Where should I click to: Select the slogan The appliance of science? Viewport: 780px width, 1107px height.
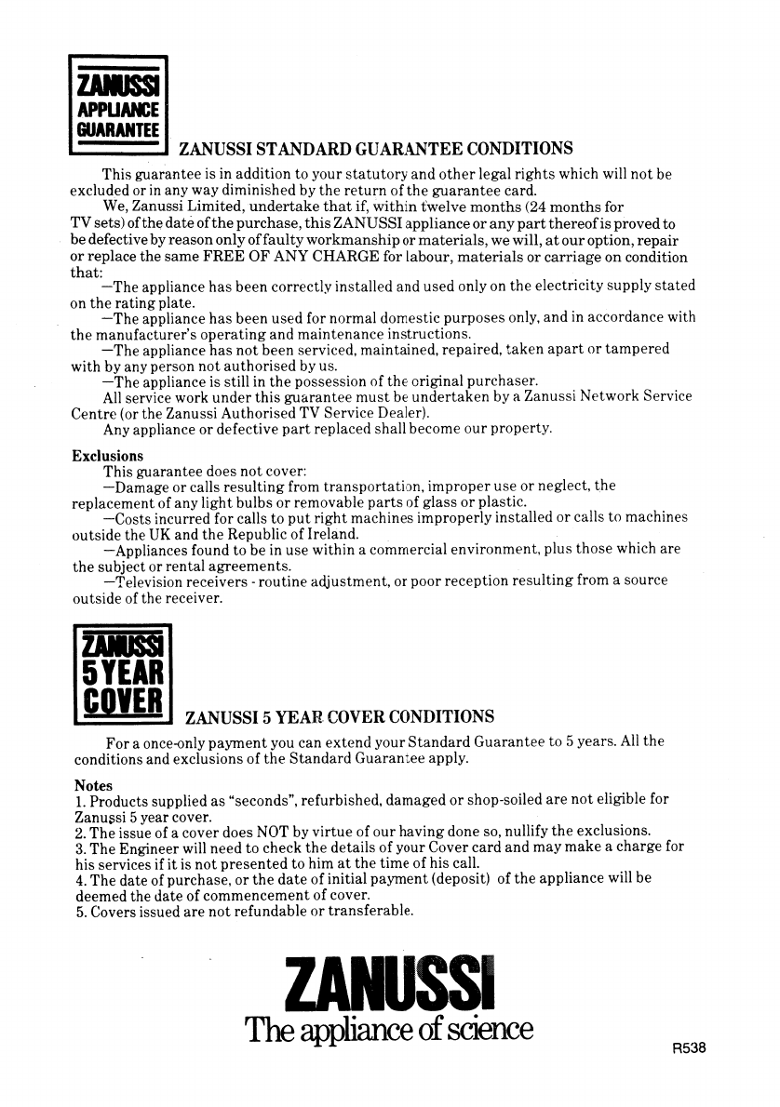(x=388, y=1030)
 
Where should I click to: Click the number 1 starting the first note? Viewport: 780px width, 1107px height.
(x=76, y=801)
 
